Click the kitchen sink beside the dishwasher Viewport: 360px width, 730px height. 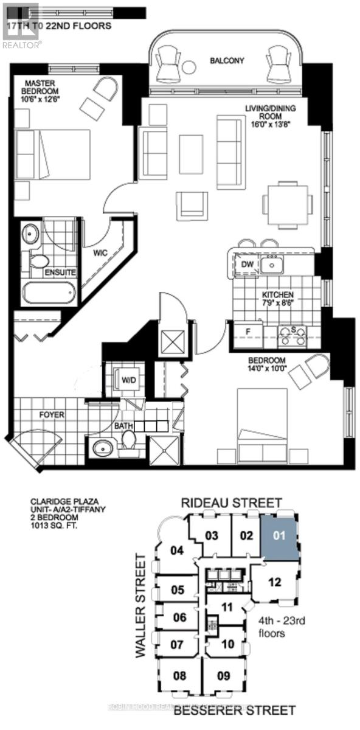(x=272, y=264)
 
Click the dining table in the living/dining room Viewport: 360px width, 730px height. (x=287, y=203)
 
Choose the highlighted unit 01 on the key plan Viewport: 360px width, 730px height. (x=279, y=536)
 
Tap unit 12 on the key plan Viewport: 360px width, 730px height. (x=275, y=582)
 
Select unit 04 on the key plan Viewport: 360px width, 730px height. (x=177, y=551)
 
